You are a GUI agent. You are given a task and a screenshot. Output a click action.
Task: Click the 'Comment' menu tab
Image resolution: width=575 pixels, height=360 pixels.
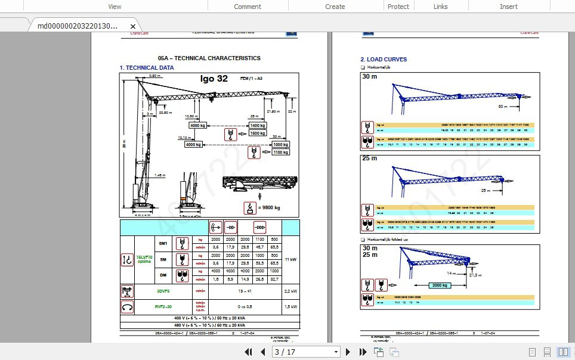click(x=248, y=7)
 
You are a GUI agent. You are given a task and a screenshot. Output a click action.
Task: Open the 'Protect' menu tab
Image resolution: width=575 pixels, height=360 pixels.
click(x=398, y=7)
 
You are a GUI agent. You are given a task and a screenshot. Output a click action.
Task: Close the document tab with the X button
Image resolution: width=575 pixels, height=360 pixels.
click(x=134, y=26)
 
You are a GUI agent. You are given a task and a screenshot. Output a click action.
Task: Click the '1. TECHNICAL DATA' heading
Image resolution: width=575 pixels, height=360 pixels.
click(x=147, y=67)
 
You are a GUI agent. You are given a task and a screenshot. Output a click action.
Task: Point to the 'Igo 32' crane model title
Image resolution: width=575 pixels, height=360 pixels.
click(x=214, y=79)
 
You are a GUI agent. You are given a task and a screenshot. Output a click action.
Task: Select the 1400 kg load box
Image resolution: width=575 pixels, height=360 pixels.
click(x=258, y=126)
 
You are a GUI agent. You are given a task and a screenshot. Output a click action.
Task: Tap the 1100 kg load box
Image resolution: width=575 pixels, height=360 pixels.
click(x=280, y=153)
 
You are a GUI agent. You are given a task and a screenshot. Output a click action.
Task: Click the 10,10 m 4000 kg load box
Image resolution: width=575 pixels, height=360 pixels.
click(x=194, y=144)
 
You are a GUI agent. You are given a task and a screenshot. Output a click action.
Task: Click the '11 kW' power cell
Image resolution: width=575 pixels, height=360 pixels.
click(x=289, y=260)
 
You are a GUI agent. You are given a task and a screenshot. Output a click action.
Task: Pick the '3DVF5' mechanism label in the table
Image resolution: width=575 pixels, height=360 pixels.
click(x=163, y=291)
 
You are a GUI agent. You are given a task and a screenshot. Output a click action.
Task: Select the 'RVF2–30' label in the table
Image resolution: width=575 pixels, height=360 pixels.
click(x=163, y=307)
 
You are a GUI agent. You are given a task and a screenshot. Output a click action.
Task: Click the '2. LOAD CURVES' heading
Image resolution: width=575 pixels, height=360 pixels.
click(x=384, y=60)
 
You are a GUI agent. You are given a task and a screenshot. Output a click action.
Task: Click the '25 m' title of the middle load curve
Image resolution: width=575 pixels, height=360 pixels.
click(x=370, y=159)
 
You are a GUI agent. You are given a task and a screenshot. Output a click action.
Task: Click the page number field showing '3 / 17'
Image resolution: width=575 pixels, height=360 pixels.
click(x=306, y=352)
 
